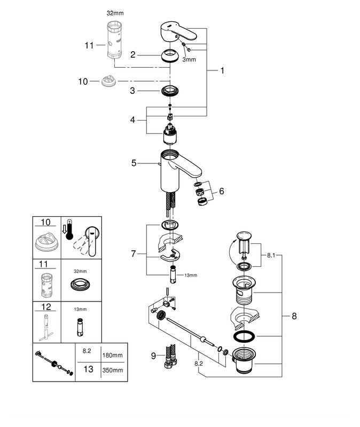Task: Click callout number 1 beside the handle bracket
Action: [222, 70]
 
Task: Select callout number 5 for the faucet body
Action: [134, 163]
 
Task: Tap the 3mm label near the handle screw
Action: [189, 60]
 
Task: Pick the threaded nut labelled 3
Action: [169, 89]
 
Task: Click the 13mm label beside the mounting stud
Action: [190, 275]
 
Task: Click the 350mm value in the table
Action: [113, 370]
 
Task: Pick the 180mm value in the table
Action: [113, 354]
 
